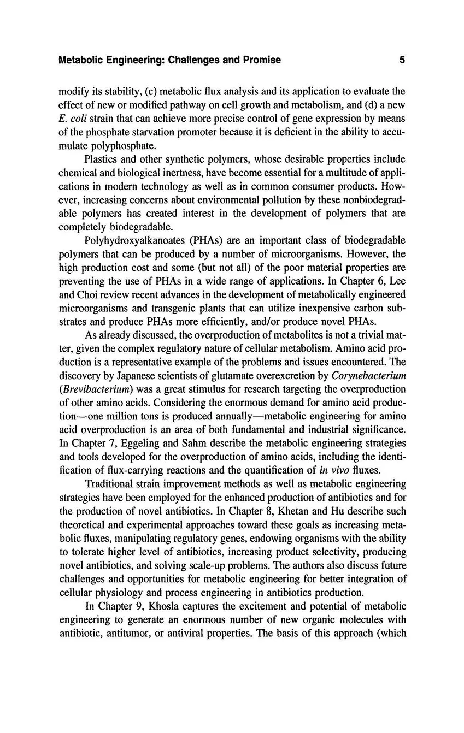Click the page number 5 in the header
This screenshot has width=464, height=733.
coord(402,60)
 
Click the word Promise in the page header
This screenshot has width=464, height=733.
coord(260,60)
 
